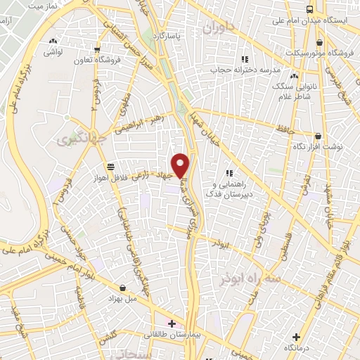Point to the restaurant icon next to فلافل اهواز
[110, 166]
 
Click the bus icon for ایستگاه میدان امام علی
[310, 9]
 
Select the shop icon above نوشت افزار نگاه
[318, 136]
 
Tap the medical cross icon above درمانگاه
[295, 336]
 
